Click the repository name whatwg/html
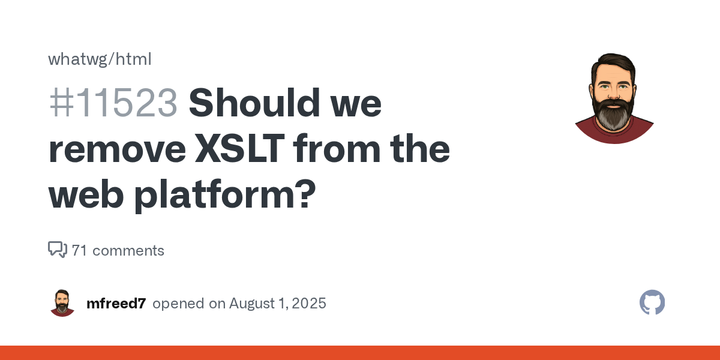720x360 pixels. (100, 59)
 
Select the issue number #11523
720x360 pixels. (113, 103)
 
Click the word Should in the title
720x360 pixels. (254, 103)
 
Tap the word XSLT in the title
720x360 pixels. (240, 149)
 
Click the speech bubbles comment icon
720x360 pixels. (58, 250)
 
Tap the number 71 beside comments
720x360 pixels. (79, 251)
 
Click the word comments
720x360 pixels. (128, 251)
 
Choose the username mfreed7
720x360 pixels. (116, 304)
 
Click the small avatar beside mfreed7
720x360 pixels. (62, 303)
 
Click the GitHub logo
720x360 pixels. (652, 302)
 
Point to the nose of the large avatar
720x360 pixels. (613, 93)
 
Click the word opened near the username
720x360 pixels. (178, 304)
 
